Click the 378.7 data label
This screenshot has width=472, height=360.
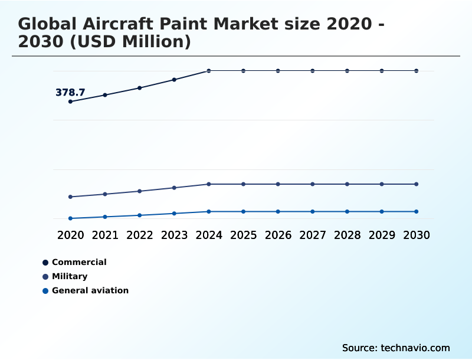(x=70, y=93)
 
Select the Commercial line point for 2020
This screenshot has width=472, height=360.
(x=71, y=102)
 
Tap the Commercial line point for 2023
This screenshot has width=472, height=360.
(x=174, y=80)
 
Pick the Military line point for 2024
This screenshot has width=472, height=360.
(x=209, y=184)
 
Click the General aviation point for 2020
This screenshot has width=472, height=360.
(x=71, y=218)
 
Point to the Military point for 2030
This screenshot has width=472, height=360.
(x=417, y=184)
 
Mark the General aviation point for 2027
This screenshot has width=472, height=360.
(x=313, y=211)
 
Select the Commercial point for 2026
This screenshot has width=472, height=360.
(x=278, y=71)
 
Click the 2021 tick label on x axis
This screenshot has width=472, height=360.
(x=105, y=235)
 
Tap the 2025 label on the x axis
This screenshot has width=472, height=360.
(x=243, y=235)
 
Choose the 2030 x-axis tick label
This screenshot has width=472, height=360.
(x=417, y=235)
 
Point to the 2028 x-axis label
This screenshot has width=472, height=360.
(x=347, y=235)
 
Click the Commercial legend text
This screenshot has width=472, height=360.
(x=79, y=262)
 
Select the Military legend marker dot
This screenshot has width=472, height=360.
(x=45, y=276)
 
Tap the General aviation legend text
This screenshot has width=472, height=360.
(x=90, y=290)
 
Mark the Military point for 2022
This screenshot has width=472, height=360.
(x=140, y=191)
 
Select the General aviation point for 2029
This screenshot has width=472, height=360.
(x=382, y=211)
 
